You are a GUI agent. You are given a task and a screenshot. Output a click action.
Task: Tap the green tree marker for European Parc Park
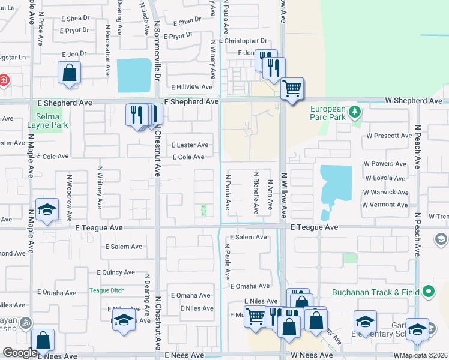pos(355,111)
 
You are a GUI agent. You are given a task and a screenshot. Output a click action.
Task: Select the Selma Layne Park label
pos(47,121)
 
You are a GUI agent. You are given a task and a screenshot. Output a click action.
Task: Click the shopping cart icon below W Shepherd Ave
pos(292,89)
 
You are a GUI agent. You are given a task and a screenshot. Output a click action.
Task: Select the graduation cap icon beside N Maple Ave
pos(47,210)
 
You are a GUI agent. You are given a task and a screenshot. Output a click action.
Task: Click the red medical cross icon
pos(3,80)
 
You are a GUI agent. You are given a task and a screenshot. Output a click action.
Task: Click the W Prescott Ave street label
pos(388,136)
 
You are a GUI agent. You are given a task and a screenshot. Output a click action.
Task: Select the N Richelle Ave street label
pos(256,195)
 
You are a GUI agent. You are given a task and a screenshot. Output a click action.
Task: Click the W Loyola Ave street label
pos(385,178)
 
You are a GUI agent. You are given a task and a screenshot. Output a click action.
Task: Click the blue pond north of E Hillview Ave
pos(134,74)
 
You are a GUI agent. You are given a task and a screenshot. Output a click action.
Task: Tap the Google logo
pos(20,353)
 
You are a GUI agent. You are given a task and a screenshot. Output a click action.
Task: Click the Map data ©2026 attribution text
pos(423,355)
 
